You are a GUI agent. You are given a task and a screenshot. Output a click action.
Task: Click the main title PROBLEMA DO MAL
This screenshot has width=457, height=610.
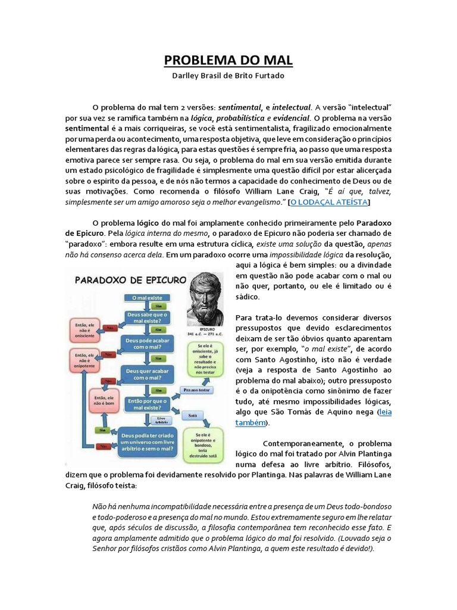[228, 61]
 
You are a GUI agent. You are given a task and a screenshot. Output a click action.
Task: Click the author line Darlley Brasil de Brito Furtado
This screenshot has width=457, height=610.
[228, 77]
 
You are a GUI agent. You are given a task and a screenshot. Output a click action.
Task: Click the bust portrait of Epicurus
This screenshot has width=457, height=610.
[206, 298]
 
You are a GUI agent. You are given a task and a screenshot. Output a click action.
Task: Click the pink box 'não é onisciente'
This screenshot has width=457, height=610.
[83, 329]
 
